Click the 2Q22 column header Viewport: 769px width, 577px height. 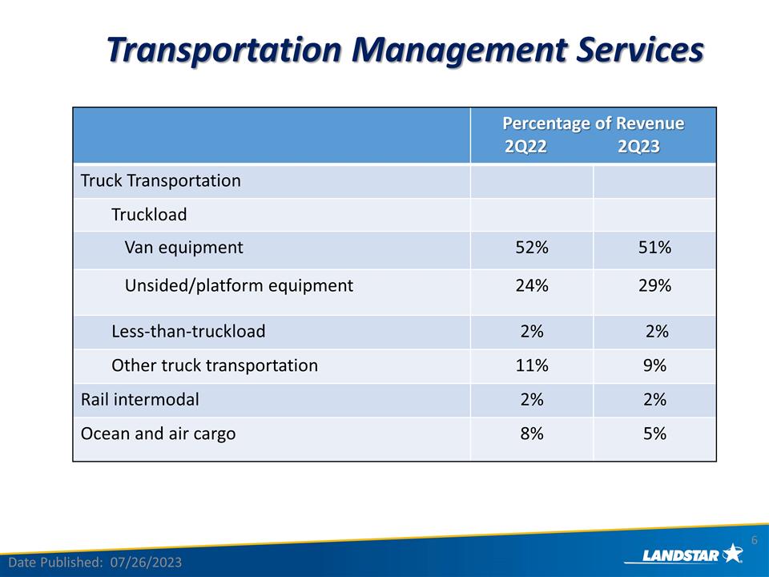pyautogui.click(x=526, y=147)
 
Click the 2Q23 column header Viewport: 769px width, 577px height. pyautogui.click(x=638, y=147)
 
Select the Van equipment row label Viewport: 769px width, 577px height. pyautogui.click(x=183, y=248)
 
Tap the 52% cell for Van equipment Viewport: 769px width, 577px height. pyautogui.click(x=532, y=248)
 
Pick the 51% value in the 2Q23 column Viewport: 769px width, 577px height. pyautogui.click(x=654, y=248)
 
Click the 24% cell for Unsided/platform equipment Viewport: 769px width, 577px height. pyautogui.click(x=532, y=285)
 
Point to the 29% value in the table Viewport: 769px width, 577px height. pyautogui.click(x=654, y=285)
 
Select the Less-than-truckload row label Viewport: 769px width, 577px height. pyautogui.click(x=188, y=331)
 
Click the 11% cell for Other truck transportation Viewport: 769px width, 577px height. pyautogui.click(x=532, y=365)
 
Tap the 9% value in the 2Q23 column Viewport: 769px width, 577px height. pyautogui.click(x=654, y=365)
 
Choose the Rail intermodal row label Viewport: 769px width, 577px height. pyautogui.click(x=140, y=399)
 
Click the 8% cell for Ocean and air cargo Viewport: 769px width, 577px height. pyautogui.click(x=532, y=434)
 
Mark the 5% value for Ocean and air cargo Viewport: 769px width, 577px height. pyautogui.click(x=654, y=434)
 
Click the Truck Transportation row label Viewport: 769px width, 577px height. pyautogui.click(x=160, y=180)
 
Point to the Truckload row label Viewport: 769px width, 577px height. pyautogui.click(x=149, y=215)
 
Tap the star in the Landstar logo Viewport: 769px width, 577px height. pyautogui.click(x=732, y=553)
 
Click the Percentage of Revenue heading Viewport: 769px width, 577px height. pyautogui.click(x=593, y=123)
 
